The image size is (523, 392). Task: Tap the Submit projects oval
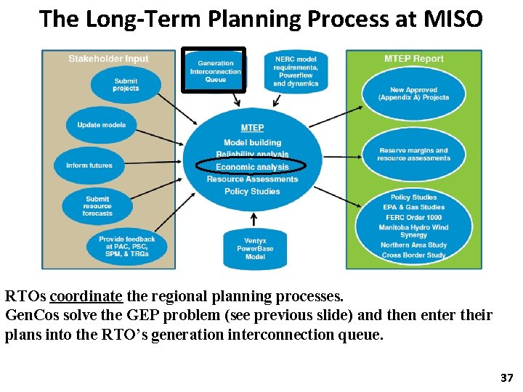126,85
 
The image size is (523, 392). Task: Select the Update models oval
102,125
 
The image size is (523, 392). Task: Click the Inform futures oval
89,166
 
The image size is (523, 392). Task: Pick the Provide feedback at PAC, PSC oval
126,247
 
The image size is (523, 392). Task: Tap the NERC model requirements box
296,71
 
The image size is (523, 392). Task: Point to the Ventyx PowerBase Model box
255,248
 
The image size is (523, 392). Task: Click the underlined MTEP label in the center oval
252,128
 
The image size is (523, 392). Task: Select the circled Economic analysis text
252,167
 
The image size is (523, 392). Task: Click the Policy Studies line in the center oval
252,192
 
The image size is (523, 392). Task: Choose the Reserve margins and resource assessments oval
413,154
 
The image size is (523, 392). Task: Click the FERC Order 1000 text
414,217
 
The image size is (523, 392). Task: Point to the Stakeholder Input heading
108,59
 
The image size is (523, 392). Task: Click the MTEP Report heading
414,59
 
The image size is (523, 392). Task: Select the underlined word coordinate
87,297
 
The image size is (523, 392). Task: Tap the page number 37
506,378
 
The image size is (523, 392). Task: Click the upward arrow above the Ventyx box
253,219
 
